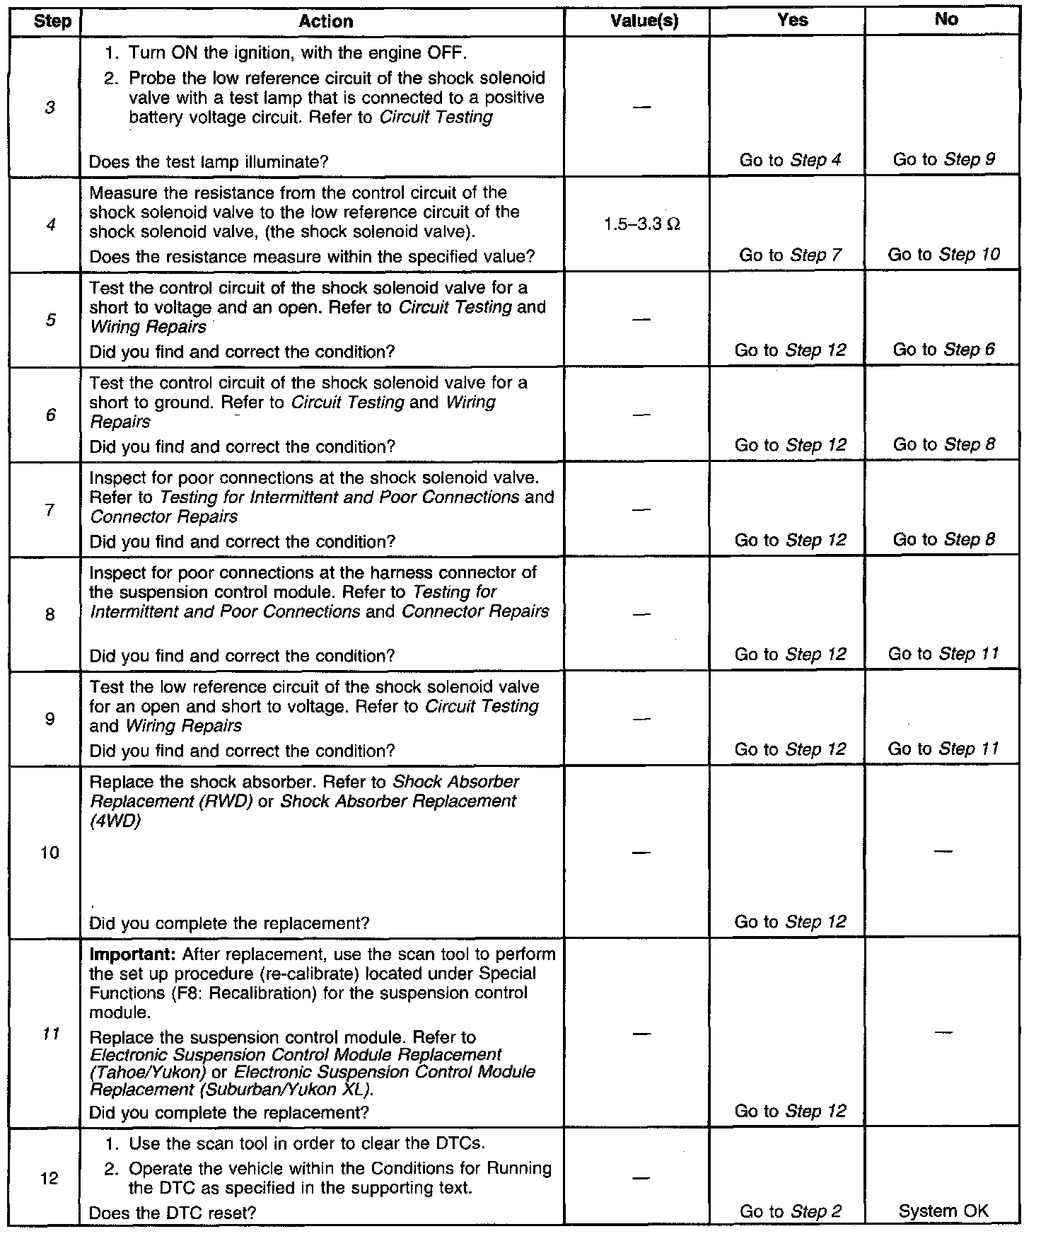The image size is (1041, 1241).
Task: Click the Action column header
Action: click(325, 21)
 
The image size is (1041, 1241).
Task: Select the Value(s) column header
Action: click(644, 21)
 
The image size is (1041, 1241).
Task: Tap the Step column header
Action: click(52, 21)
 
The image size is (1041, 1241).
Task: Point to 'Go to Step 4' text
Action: click(790, 160)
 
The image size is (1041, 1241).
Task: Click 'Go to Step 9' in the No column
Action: click(944, 159)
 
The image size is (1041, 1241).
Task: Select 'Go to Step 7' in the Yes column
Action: click(790, 255)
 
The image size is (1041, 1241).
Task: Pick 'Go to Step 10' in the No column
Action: click(944, 254)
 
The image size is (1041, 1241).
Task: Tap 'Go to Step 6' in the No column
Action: click(944, 350)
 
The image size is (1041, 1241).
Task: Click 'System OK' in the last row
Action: click(943, 1211)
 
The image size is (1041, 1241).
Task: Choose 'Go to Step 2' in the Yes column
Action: click(790, 1211)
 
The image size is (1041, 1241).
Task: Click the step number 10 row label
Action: click(50, 853)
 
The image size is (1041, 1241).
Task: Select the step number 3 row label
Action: click(50, 108)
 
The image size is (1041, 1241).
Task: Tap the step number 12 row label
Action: click(50, 1179)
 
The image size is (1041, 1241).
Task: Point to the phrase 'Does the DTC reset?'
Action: click(172, 1213)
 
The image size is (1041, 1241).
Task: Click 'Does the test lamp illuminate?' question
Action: click(209, 161)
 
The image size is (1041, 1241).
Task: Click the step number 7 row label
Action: click(50, 509)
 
